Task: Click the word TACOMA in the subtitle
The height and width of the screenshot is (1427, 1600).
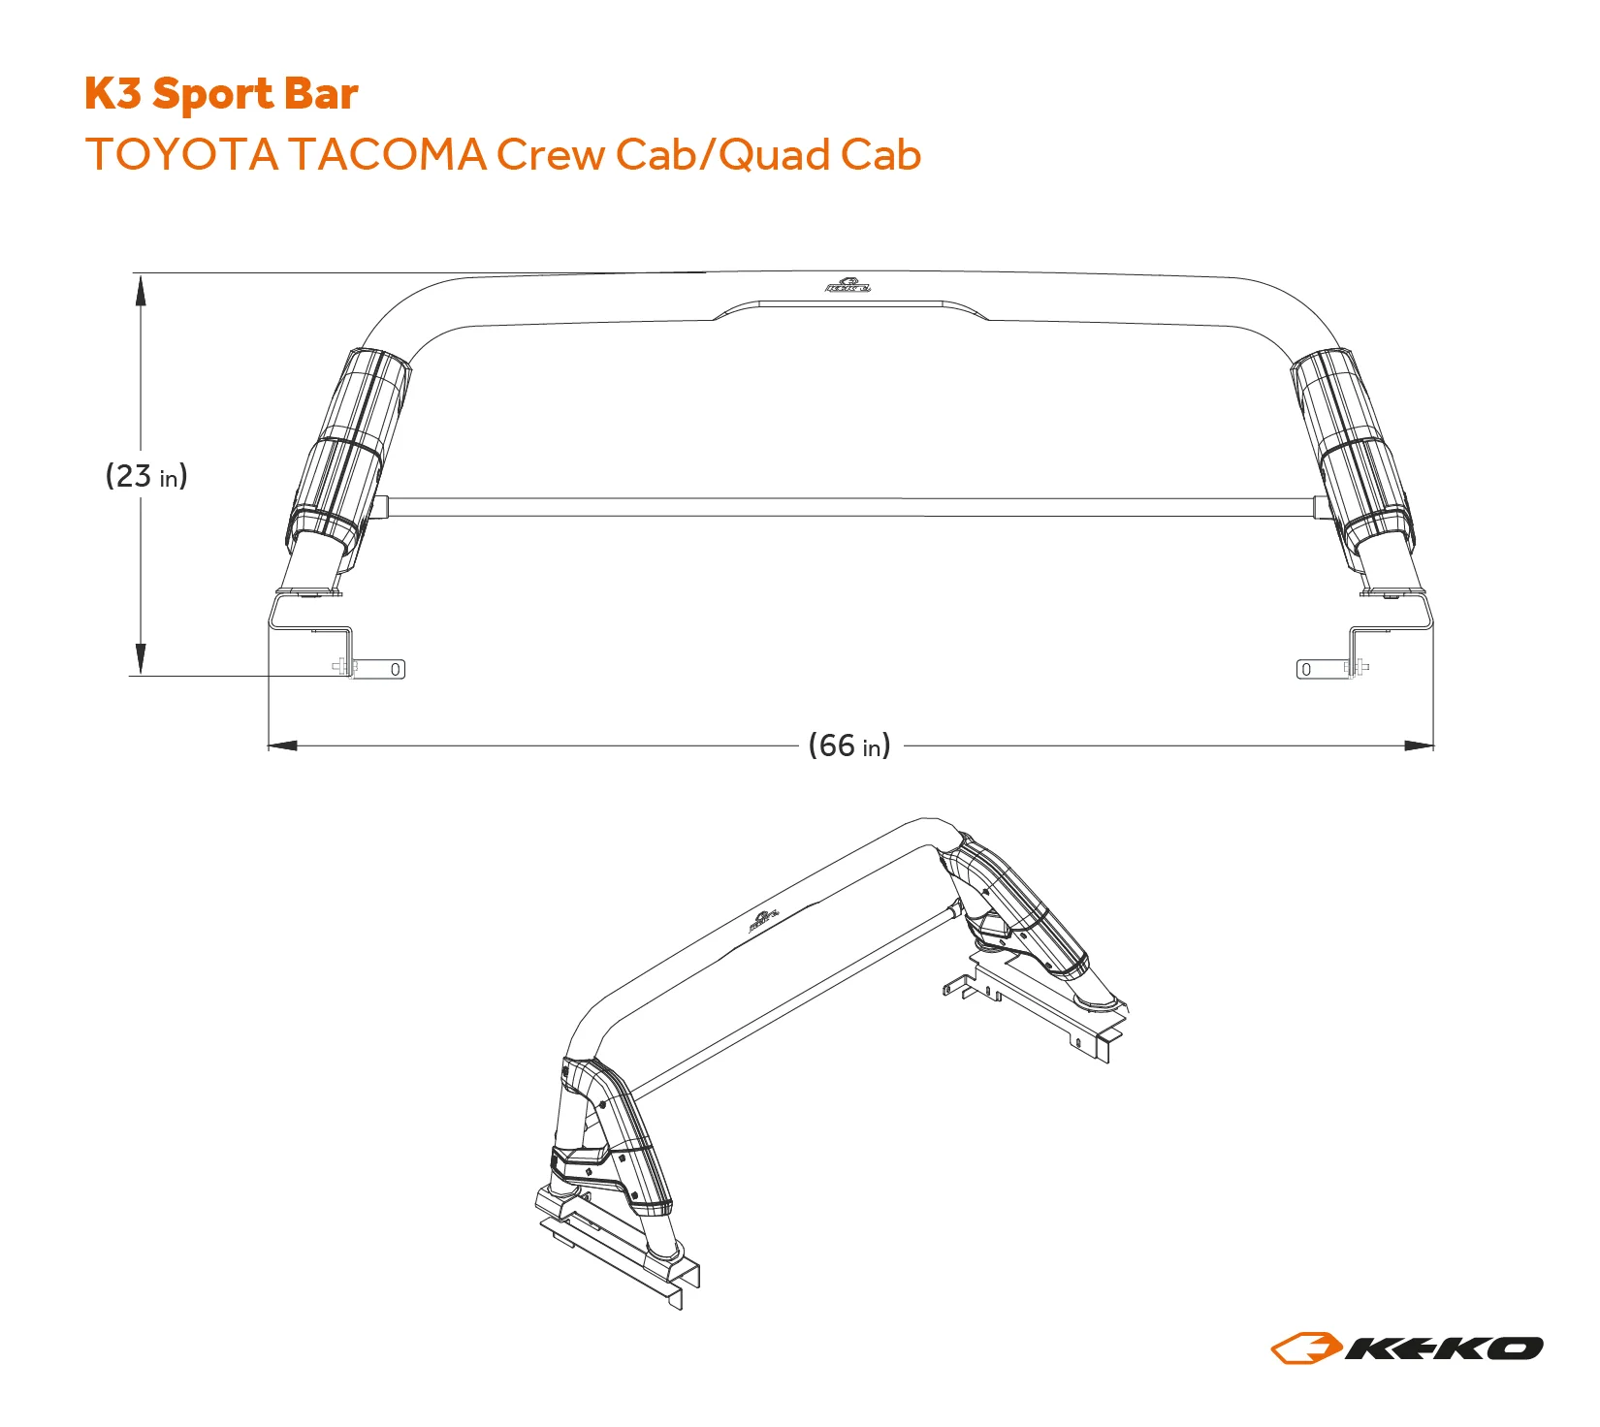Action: click(x=387, y=155)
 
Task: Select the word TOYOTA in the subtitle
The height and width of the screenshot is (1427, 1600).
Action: click(x=181, y=155)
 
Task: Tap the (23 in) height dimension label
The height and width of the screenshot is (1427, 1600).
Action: click(x=146, y=476)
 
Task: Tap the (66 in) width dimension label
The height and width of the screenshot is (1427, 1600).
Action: click(x=849, y=745)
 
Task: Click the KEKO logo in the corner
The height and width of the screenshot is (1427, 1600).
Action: click(x=1406, y=1348)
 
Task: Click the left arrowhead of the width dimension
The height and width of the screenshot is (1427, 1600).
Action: click(x=282, y=745)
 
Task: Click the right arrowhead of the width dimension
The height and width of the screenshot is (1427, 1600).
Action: click(x=1419, y=745)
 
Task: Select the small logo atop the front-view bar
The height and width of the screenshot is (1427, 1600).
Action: click(x=848, y=285)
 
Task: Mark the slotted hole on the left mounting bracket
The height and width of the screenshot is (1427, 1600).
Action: click(x=396, y=669)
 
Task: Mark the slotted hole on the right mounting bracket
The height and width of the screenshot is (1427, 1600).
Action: click(x=1306, y=669)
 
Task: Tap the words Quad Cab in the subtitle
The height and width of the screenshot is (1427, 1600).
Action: click(x=820, y=155)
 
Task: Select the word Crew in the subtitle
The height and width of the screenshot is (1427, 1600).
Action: click(x=550, y=155)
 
